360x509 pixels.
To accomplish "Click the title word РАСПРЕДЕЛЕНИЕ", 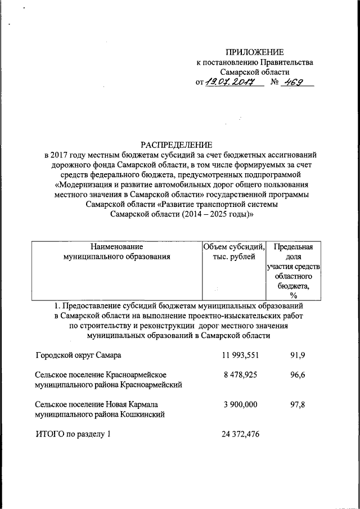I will (180, 144).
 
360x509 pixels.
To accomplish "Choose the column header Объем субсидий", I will (234, 246).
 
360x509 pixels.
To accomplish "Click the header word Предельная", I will (293, 246).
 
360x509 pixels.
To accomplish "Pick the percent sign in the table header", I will (293, 295).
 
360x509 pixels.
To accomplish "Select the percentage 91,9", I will (298, 355).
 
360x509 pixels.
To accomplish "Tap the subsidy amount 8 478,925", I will (240, 374).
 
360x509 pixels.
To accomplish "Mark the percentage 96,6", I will (298, 374).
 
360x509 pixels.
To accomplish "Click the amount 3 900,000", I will (240, 404).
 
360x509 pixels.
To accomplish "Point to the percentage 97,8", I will (298, 404).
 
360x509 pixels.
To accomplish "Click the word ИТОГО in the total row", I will (49, 434).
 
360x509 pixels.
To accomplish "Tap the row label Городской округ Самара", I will (78, 355).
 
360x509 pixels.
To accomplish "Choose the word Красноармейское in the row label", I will (138, 374).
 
